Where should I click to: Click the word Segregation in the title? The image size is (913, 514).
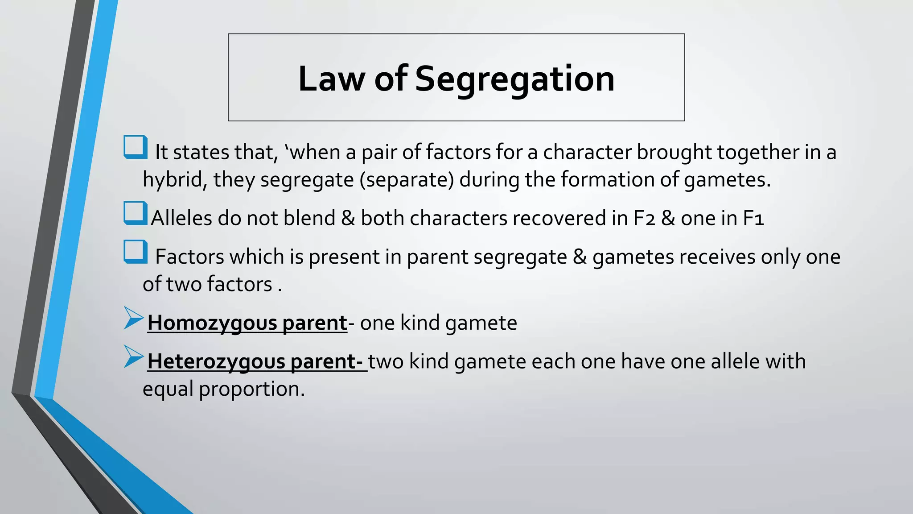click(x=514, y=79)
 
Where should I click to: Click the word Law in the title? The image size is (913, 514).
click(x=331, y=79)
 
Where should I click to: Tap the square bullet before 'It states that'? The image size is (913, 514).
click(x=136, y=147)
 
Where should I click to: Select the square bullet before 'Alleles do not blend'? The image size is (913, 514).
click(x=136, y=213)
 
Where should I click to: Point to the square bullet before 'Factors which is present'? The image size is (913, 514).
click(x=136, y=252)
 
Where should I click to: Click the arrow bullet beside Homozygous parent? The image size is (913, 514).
click(x=133, y=318)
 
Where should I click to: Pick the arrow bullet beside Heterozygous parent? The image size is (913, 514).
click(x=133, y=356)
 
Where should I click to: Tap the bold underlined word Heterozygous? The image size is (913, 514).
click(x=216, y=361)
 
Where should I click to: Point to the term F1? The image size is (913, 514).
click(x=753, y=218)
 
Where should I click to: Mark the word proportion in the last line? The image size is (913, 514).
click(x=251, y=389)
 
